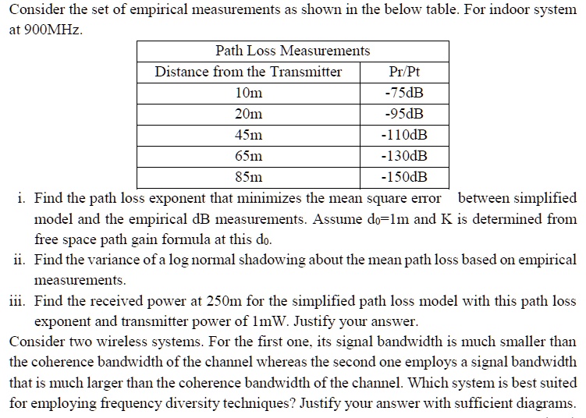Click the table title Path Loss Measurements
pos(293,51)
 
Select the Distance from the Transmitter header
pos(248,72)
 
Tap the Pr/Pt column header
pos(404,72)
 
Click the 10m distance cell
pos(248,93)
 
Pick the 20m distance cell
pos(248,114)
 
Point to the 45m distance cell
pos(248,135)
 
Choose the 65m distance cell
pos(248,156)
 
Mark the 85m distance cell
pos(248,177)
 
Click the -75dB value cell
pos(404,93)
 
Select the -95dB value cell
pos(404,114)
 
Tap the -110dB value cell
pos(404,135)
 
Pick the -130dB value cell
pos(404,156)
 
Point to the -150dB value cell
pos(404,177)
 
